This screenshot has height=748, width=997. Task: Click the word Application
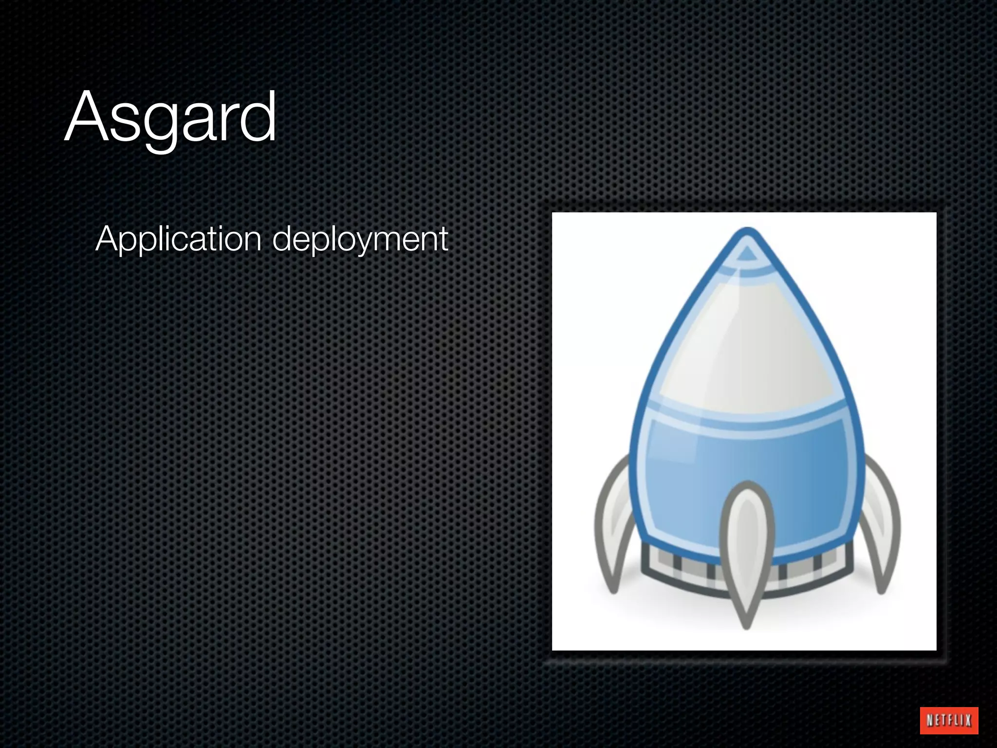(x=178, y=239)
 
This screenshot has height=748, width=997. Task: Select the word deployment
(x=360, y=239)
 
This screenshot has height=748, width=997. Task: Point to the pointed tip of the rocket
(x=747, y=233)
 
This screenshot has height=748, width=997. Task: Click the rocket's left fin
(x=612, y=531)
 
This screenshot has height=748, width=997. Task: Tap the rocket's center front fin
(x=747, y=550)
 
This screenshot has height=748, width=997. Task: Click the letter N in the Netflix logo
(x=930, y=720)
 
